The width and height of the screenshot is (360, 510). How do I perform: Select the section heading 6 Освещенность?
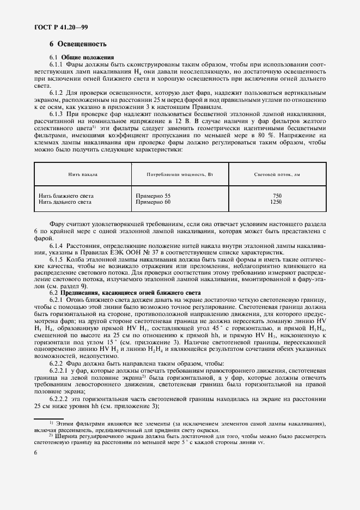78,44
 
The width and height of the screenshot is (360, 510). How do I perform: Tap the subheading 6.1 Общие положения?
82,57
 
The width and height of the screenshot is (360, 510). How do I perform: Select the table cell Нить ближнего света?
66,196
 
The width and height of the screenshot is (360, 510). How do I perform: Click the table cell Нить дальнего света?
65,202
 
